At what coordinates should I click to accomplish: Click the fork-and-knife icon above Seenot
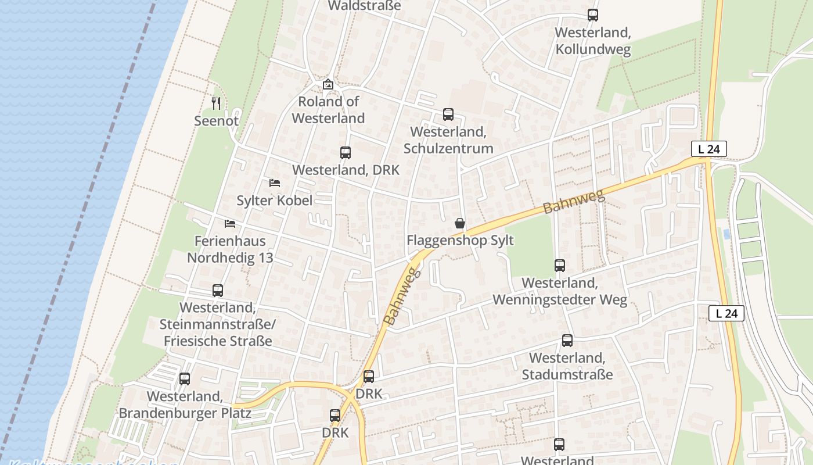coord(216,103)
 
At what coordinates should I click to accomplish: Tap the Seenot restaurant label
coord(216,121)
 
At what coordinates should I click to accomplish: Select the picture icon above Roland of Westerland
coord(328,84)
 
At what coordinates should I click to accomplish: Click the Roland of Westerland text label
coord(328,110)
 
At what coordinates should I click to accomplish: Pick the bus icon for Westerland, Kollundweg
coord(592,15)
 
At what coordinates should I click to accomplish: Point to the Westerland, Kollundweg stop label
coord(593,41)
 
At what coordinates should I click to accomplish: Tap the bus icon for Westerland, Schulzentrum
coord(448,115)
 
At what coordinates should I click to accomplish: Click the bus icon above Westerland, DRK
coord(346,153)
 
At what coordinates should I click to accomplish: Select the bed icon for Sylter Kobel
coord(275,183)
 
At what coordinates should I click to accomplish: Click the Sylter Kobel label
coord(274,201)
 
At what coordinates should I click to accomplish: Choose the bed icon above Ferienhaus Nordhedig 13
coord(230,224)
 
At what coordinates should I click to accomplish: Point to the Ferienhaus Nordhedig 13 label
coord(230,249)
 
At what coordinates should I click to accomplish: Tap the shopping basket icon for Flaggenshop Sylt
coord(460,223)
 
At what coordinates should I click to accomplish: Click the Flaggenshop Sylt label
coord(460,240)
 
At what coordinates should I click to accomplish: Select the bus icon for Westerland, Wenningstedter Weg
coord(560,266)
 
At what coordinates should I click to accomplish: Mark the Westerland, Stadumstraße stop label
coord(567,366)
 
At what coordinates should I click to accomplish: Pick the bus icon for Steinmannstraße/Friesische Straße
coord(218,290)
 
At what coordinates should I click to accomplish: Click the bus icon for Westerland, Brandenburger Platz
coord(185,379)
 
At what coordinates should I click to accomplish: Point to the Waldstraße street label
coord(364,6)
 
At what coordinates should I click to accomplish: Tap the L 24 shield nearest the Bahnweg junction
coord(708,149)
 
